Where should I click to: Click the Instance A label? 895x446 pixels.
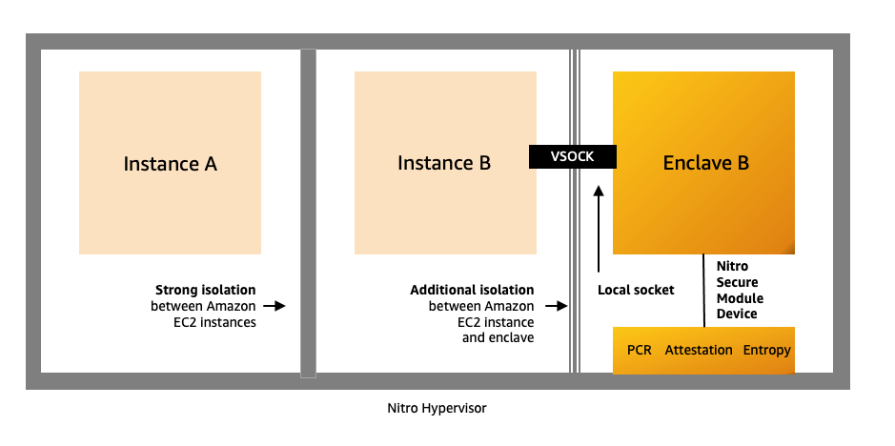tap(170, 164)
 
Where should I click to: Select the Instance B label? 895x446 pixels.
tap(444, 164)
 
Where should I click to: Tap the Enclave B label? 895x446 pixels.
tap(705, 164)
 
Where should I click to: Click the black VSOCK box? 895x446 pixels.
tap(573, 156)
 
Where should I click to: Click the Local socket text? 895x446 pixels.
tap(636, 290)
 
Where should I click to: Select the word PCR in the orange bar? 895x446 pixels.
tap(640, 350)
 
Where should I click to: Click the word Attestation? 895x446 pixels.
tap(699, 350)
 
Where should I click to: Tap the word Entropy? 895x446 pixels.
tap(766, 350)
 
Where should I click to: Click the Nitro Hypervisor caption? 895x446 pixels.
tap(437, 408)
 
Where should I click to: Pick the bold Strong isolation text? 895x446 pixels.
tap(205, 290)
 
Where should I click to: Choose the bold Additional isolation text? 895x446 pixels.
tap(472, 290)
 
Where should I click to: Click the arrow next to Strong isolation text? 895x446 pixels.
tap(275, 306)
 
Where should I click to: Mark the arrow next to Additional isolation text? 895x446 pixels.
tap(553, 306)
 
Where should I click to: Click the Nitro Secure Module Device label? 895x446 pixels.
tap(741, 292)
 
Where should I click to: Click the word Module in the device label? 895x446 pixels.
tap(741, 299)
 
